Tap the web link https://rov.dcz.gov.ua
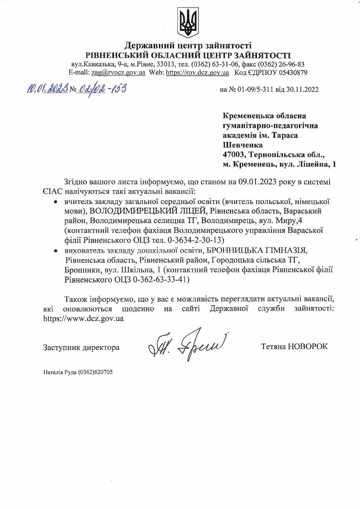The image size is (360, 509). point(197,72)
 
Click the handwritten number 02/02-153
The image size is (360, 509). point(101,89)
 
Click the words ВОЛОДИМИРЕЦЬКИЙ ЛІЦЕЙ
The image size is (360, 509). point(149,211)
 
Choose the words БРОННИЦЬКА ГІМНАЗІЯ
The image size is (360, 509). point(257,250)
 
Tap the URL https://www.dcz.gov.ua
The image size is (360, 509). point(83,319)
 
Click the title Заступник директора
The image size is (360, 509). point(81,347)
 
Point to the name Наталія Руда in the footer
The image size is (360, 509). point(60,372)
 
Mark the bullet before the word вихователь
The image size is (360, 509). point(56,251)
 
